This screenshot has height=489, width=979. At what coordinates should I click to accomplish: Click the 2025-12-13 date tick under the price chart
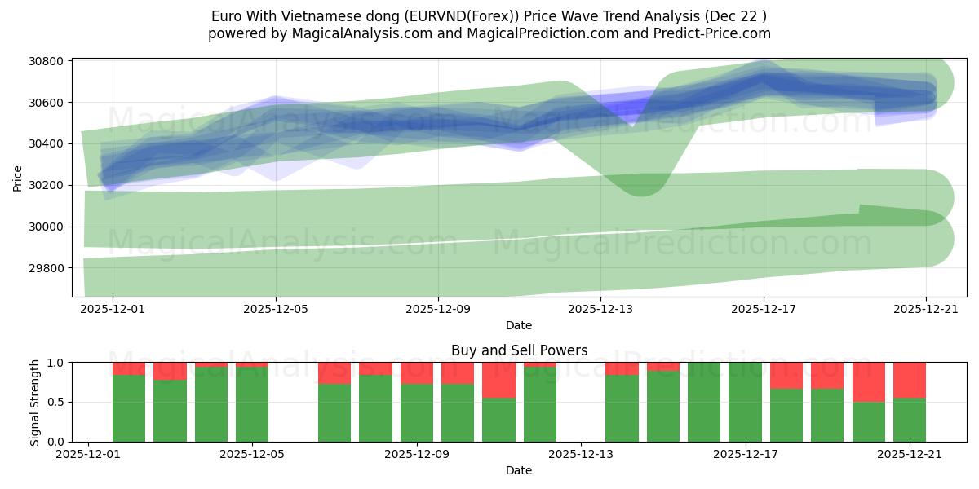tap(600, 309)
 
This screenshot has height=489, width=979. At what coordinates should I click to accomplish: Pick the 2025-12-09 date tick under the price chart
tap(438, 309)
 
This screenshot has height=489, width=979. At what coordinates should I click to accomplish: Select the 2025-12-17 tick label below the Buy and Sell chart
tap(746, 454)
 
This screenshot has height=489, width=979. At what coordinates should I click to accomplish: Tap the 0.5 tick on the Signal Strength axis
tap(57, 403)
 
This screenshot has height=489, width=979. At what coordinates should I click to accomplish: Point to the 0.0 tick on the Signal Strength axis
tap(57, 442)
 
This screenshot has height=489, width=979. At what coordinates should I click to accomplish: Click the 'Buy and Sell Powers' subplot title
tap(519, 350)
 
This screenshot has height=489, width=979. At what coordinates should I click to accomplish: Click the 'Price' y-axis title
tap(18, 178)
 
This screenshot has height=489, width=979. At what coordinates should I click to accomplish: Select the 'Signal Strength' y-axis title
tap(34, 402)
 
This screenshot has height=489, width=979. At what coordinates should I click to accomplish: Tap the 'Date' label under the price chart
tap(519, 325)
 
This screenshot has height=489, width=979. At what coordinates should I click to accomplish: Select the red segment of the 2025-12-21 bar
tap(910, 380)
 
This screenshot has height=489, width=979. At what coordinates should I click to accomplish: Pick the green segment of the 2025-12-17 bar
tap(745, 402)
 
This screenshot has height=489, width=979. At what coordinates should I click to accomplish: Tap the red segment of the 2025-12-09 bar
tap(416, 372)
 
